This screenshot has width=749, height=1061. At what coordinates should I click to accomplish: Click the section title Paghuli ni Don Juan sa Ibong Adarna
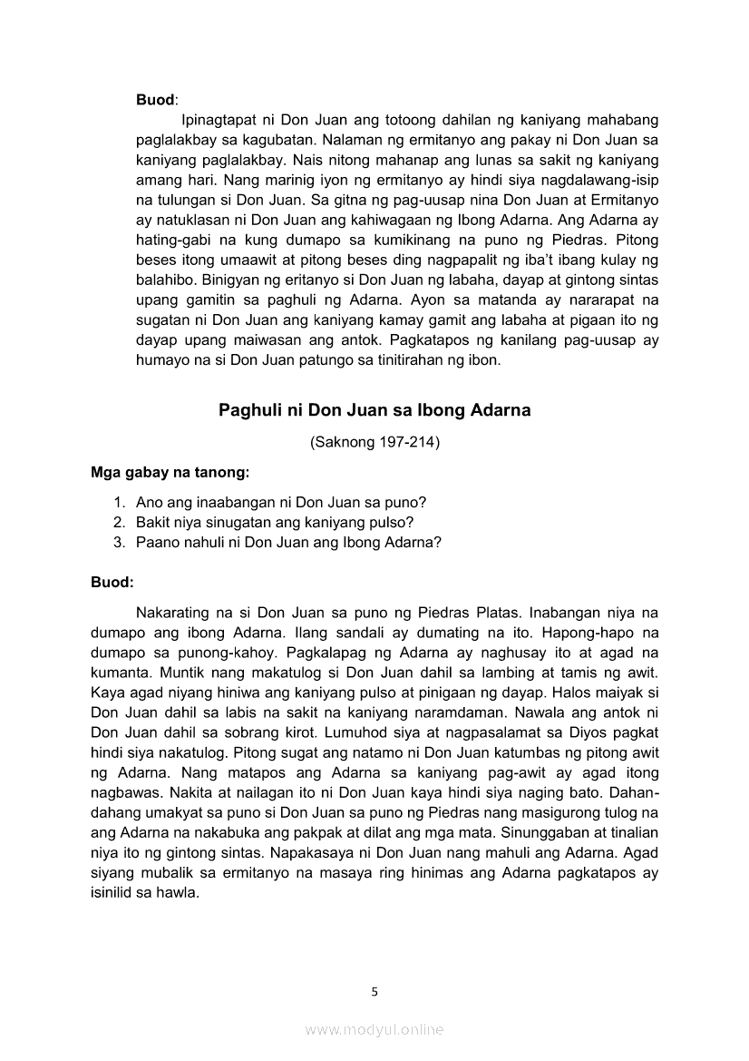click(374, 410)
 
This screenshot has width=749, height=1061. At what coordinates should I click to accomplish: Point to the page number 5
click(374, 991)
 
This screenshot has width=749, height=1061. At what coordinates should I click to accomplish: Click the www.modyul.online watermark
click(374, 1029)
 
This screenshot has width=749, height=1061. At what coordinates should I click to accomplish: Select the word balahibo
click(166, 280)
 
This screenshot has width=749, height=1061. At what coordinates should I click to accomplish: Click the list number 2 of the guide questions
click(118, 522)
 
